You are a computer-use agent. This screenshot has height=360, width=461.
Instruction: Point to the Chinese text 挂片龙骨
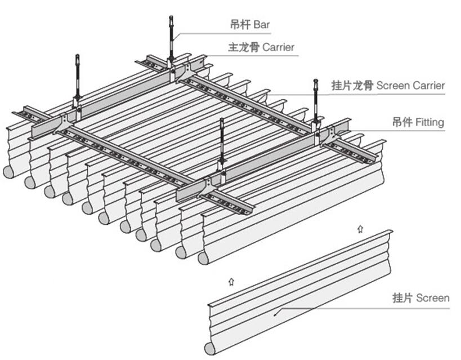352,86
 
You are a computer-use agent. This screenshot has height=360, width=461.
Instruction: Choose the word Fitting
430,122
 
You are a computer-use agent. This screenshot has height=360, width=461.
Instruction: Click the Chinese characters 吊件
402,122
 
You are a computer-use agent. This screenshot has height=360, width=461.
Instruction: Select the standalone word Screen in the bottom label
433,297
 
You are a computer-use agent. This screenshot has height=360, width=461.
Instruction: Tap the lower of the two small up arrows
231,279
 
